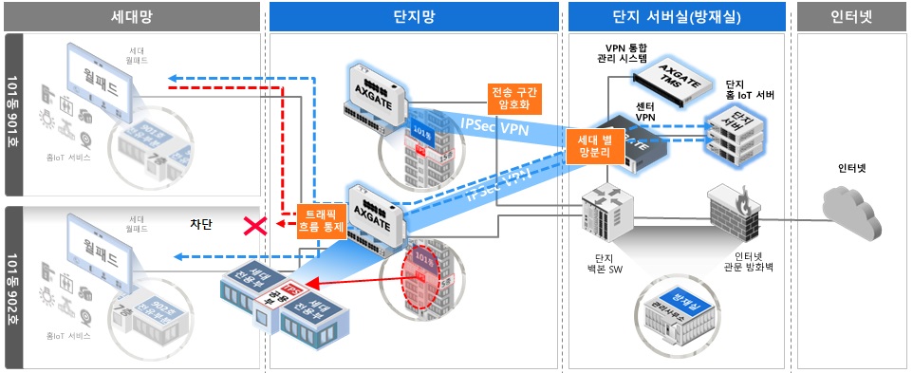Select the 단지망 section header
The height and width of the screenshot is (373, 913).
pyautogui.click(x=413, y=16)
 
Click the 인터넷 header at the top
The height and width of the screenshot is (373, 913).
pyautogui.click(x=850, y=16)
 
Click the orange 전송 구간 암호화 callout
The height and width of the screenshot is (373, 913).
pyautogui.click(x=513, y=98)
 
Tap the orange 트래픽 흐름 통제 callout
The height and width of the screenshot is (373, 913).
pyautogui.click(x=320, y=221)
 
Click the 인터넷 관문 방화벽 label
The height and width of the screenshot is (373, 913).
pyautogui.click(x=744, y=263)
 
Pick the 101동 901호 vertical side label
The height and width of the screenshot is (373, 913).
pyautogui.click(x=14, y=115)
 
